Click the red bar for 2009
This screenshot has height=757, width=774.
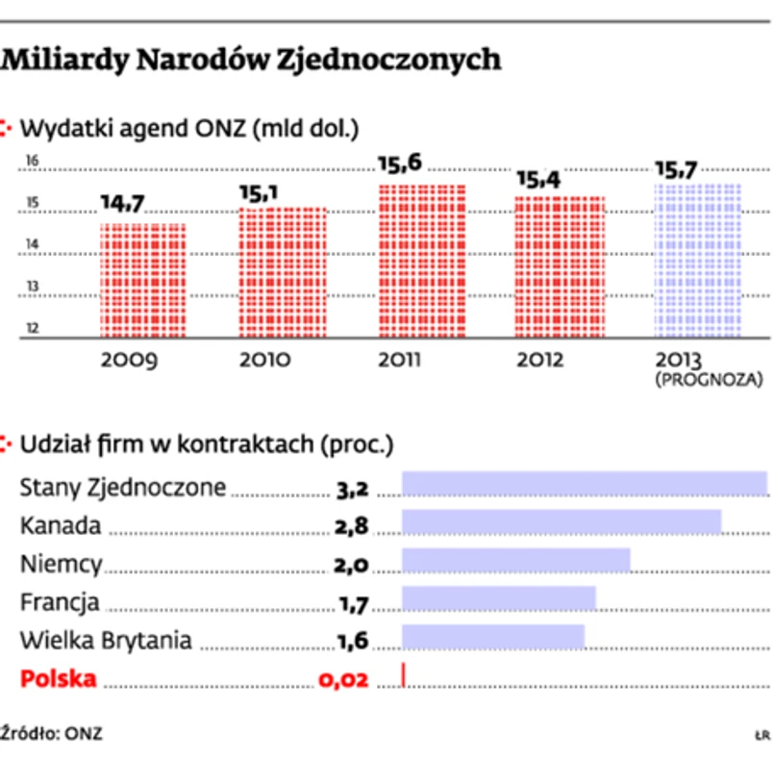tap(143, 280)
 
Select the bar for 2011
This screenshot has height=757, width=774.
tap(421, 261)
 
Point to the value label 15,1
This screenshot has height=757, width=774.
tap(258, 193)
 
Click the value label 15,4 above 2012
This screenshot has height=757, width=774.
tap(537, 180)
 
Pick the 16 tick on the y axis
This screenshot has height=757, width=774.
tap(32, 162)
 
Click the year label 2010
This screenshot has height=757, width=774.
tap(266, 362)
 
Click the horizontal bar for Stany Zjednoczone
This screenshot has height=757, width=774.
tap(584, 484)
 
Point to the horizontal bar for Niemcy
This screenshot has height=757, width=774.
tap(515, 561)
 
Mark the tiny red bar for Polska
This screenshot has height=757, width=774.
tap(404, 675)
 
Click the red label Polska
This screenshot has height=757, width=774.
tap(59, 678)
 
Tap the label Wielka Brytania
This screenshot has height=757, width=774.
tap(106, 640)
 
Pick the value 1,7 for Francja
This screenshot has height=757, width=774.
tap(352, 604)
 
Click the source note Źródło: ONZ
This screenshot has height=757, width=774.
tap(52, 733)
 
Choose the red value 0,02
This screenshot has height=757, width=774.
tap(343, 680)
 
